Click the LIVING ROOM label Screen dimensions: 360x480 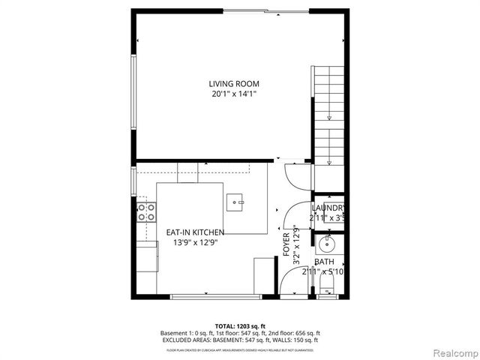click(x=234, y=84)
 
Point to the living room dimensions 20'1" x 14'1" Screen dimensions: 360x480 click(x=234, y=94)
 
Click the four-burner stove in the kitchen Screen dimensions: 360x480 click(x=145, y=212)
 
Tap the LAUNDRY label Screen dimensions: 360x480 click(x=328, y=208)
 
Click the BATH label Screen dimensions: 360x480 click(x=325, y=262)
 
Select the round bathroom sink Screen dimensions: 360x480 click(x=328, y=244)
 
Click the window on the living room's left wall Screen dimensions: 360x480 click(x=134, y=94)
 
